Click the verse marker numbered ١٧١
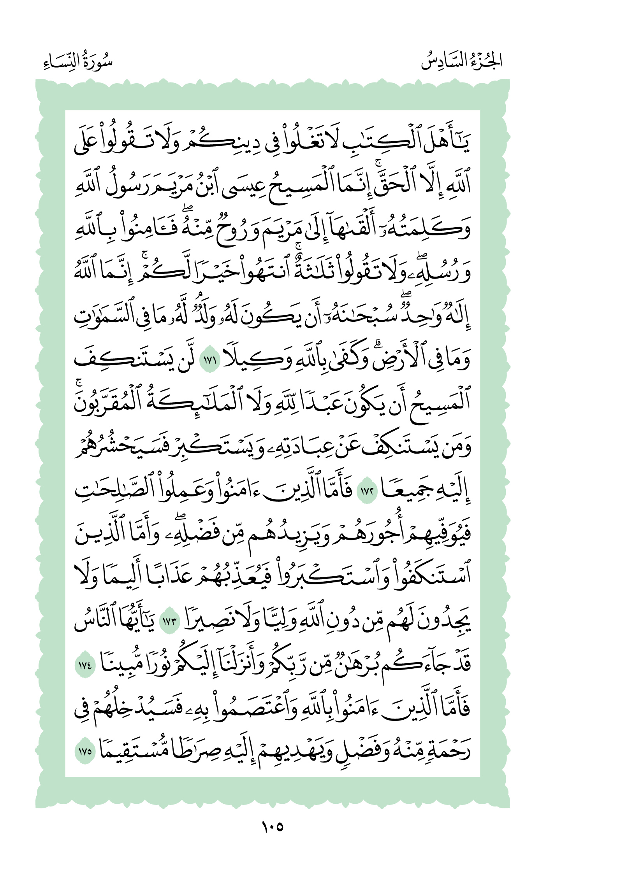(x=210, y=360)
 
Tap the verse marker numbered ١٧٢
(x=367, y=491)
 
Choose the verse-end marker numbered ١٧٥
(x=85, y=752)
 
